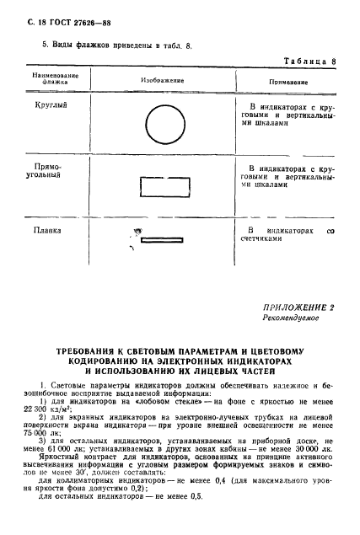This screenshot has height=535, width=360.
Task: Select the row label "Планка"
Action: tap(51, 229)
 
